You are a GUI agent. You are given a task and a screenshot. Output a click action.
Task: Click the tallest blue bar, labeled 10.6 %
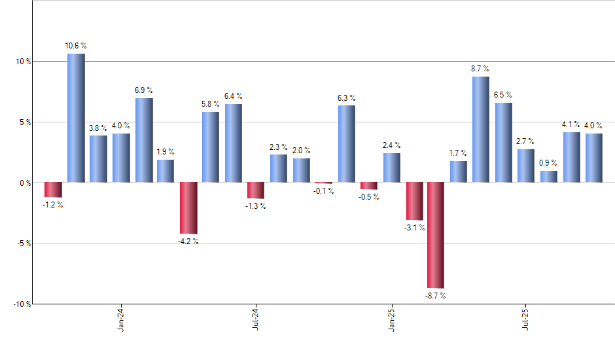pos(76,118)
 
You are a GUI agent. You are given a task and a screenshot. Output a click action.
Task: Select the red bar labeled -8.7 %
pos(436,235)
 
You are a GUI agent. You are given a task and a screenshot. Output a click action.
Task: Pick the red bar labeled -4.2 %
pos(188,208)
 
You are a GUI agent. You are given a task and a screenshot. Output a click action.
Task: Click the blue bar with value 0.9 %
pos(549,176)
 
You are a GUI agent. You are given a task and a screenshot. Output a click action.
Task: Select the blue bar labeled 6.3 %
pos(347,144)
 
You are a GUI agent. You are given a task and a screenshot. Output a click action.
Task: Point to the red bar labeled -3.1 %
pos(414,201)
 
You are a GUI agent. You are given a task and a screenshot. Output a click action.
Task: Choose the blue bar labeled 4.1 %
pos(572,157)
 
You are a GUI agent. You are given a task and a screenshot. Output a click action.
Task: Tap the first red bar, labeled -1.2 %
pos(54,189)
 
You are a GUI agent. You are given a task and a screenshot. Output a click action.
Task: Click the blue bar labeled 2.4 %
pos(392,168)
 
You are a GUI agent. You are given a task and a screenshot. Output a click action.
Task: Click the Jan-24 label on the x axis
pos(121,319)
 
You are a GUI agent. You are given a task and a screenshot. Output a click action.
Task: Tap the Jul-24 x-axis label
pos(256,319)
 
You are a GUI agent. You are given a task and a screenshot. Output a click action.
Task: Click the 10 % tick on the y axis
pos(23,62)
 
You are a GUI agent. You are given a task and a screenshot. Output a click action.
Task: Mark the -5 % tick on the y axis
pos(23,243)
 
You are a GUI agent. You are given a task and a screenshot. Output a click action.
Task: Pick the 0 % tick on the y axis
pos(24,183)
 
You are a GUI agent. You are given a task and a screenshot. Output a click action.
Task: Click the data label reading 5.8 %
pos(211,104)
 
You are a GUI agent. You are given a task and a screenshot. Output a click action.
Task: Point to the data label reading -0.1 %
pos(324,191)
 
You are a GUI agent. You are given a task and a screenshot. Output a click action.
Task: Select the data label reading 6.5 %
pos(503,95)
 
